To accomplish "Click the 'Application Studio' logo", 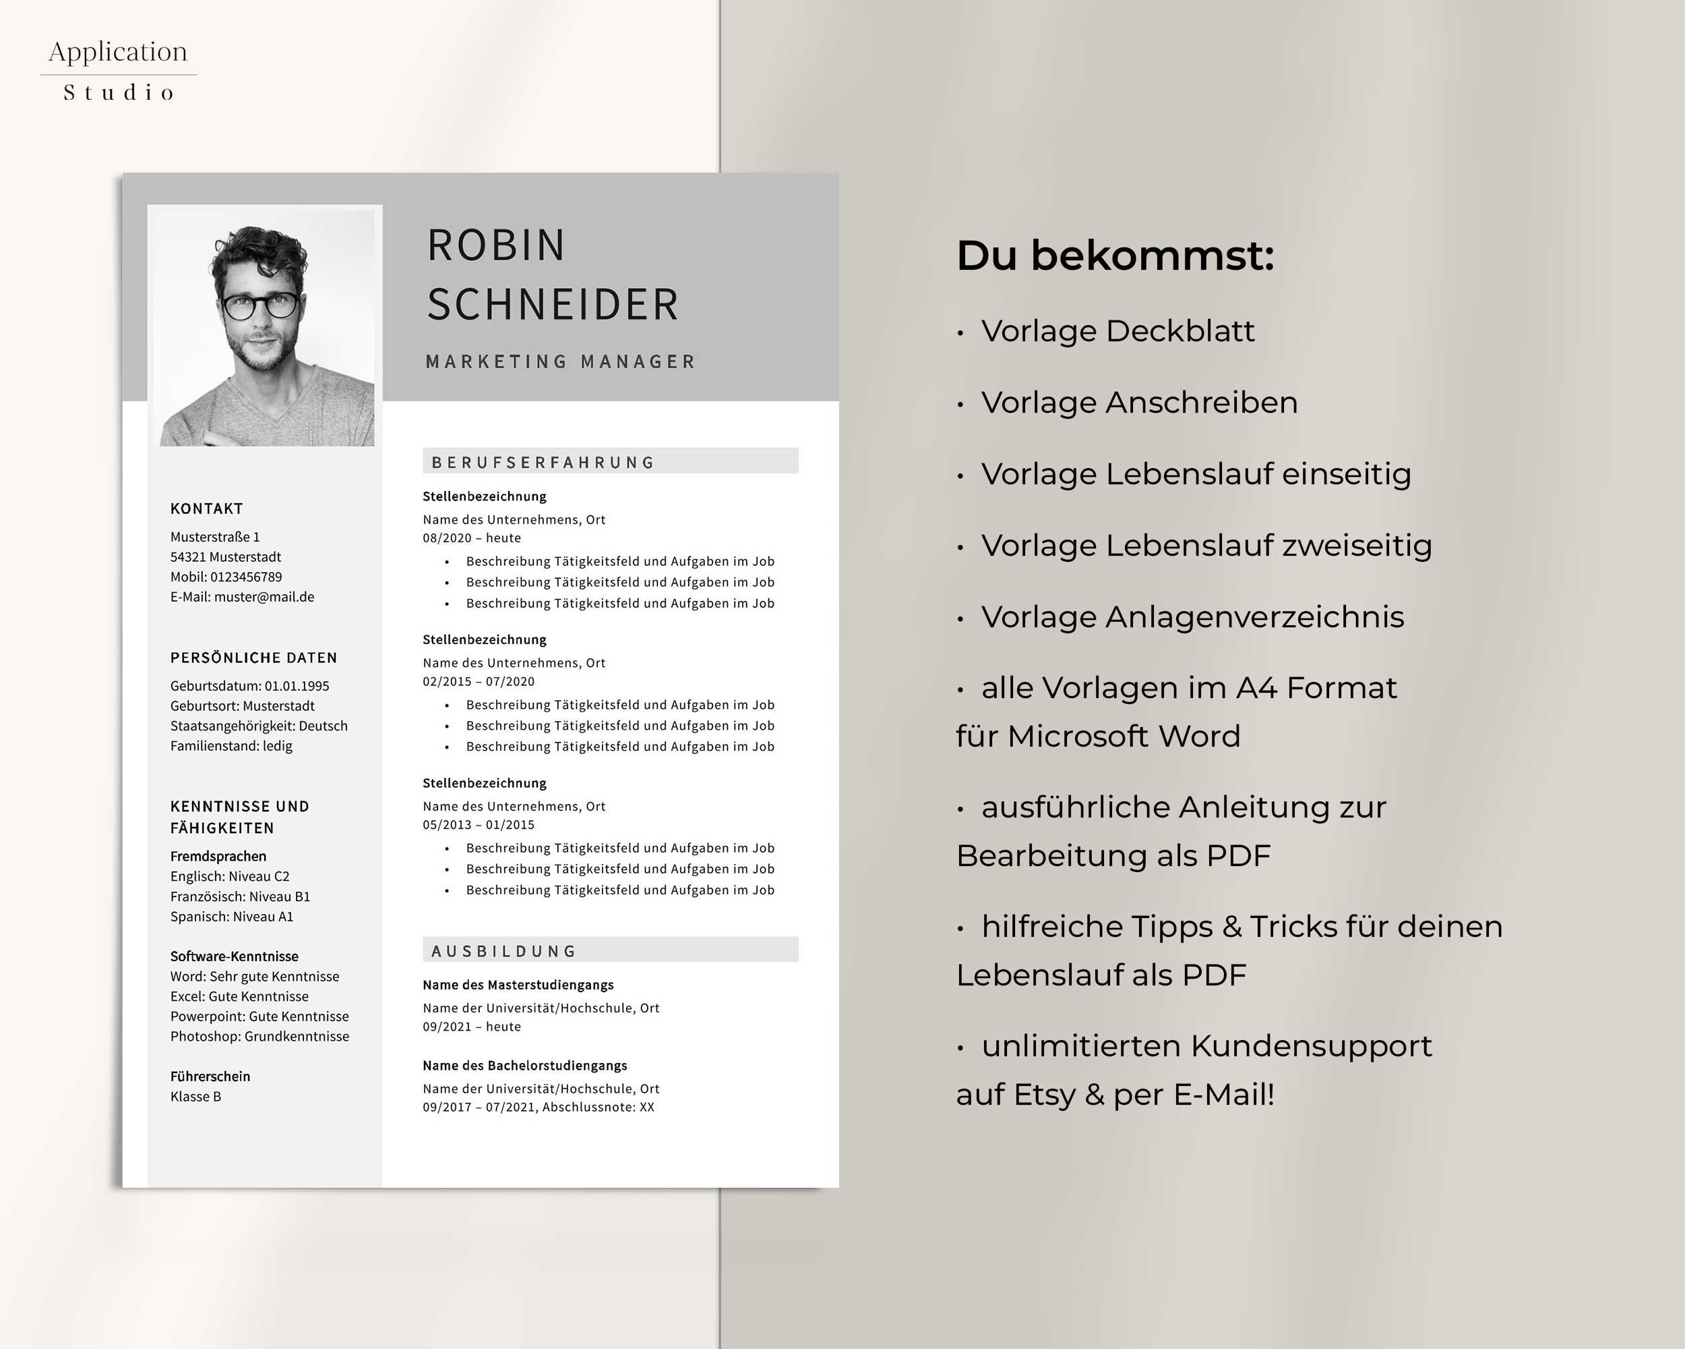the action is pyautogui.click(x=119, y=70).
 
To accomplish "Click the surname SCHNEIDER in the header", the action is pyautogui.click(x=553, y=304).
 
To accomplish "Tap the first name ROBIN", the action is pyautogui.click(x=495, y=246).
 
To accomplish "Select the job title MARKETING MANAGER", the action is pyautogui.click(x=560, y=362).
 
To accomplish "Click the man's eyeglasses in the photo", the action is pyautogui.click(x=260, y=305).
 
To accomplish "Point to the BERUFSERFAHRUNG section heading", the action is pyautogui.click(x=543, y=462).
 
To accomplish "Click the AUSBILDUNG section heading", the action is pyautogui.click(x=504, y=951).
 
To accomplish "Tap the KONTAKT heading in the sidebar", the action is pyautogui.click(x=206, y=509).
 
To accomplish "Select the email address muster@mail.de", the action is pyautogui.click(x=264, y=597).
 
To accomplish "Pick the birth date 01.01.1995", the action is pyautogui.click(x=297, y=686).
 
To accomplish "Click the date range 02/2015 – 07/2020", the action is pyautogui.click(x=479, y=681).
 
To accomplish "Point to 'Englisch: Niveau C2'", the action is pyautogui.click(x=230, y=877).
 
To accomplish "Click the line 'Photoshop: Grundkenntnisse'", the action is pyautogui.click(x=259, y=1036).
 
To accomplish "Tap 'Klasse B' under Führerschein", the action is pyautogui.click(x=195, y=1097).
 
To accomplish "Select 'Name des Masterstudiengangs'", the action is pyautogui.click(x=518, y=985).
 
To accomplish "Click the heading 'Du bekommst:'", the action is pyautogui.click(x=1115, y=256).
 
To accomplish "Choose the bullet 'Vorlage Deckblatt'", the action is pyautogui.click(x=1117, y=331).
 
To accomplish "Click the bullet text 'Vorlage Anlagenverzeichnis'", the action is pyautogui.click(x=1192, y=617).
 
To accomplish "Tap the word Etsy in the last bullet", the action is pyautogui.click(x=1044, y=1095).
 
